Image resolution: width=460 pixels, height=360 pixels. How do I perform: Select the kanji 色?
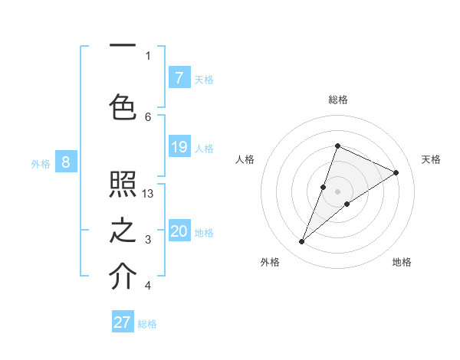tap(123, 107)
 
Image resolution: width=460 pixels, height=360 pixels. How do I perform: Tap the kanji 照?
tap(123, 185)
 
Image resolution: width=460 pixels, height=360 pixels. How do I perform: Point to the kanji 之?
tap(123, 231)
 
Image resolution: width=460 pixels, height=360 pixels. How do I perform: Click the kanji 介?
tap(123, 277)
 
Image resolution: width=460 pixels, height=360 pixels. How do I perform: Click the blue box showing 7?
tap(179, 77)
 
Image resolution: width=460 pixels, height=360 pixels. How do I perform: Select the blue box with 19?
tap(179, 147)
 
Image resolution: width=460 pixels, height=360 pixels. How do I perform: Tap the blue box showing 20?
tap(179, 231)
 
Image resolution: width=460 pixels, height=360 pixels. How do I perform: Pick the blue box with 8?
tap(66, 162)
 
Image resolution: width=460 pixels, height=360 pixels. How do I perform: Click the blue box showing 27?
tap(123, 322)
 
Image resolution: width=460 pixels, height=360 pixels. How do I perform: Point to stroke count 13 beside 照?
tap(148, 194)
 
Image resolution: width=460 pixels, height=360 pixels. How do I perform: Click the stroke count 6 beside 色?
tap(148, 116)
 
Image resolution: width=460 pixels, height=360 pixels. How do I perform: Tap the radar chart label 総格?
tap(338, 100)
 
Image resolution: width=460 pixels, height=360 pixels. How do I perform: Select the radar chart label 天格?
tap(432, 159)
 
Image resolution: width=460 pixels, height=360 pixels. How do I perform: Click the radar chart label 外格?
tap(270, 262)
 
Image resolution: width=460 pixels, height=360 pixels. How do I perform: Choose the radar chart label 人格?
tap(245, 159)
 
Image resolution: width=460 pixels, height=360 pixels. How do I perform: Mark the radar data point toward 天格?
tap(396, 172)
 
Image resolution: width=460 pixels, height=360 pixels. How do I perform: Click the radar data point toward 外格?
tap(302, 242)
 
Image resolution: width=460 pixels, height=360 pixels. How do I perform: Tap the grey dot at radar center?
tap(338, 191)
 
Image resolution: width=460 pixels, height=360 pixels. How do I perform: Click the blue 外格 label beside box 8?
tap(41, 163)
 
